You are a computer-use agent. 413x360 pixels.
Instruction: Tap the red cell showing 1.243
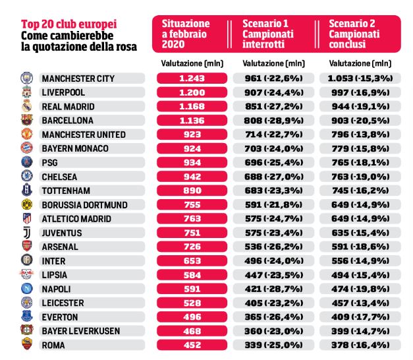pyautogui.click(x=192, y=78)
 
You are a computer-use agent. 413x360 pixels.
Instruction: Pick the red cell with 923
pyautogui.click(x=192, y=135)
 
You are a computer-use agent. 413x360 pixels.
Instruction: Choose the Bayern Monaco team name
pyautogui.click(x=75, y=148)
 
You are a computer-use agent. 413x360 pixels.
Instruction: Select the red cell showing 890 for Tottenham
pyautogui.click(x=192, y=191)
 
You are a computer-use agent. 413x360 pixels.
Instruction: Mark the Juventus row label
pyautogui.click(x=62, y=233)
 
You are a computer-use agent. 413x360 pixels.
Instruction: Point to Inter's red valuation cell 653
pyautogui.click(x=192, y=260)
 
